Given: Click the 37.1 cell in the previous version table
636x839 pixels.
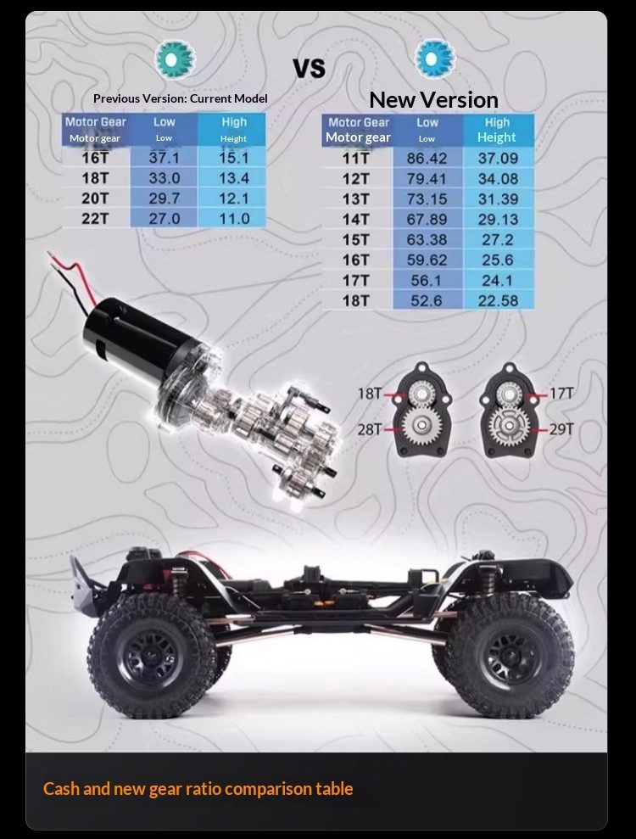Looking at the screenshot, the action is [164, 158].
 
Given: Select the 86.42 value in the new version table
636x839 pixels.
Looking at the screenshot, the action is [427, 159].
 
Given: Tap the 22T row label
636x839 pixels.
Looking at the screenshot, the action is [95, 219].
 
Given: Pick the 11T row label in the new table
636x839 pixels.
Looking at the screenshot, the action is [355, 159].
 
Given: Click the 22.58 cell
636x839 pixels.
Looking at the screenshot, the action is [498, 300].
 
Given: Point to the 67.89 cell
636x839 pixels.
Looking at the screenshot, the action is [427, 220].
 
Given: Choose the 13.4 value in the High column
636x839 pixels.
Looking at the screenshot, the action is [234, 178].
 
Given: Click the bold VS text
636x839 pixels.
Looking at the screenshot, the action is [310, 69].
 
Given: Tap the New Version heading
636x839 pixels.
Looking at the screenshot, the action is [433, 100].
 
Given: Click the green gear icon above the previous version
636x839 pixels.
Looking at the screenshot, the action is [175, 59].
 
